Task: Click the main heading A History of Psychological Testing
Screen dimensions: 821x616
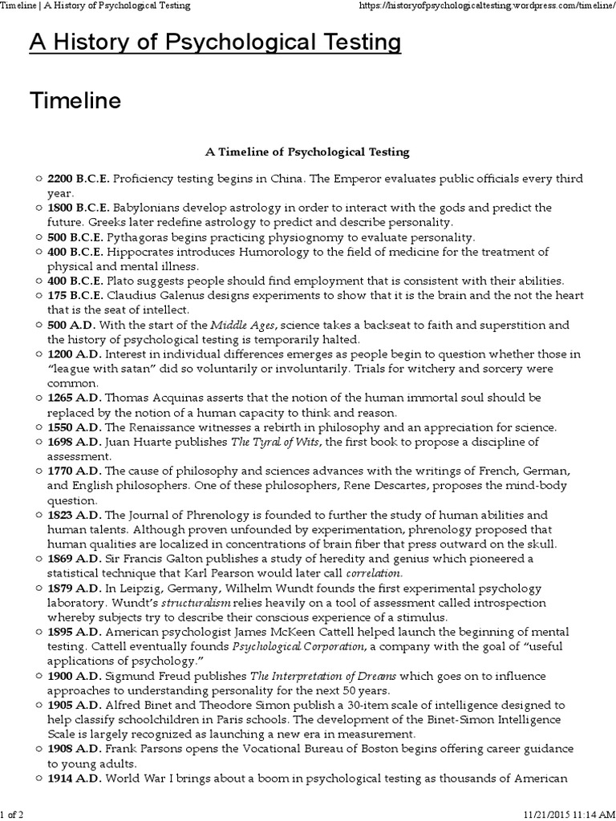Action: point(215,43)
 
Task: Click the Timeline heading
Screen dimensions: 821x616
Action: point(75,101)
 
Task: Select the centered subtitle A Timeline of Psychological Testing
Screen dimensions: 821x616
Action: point(308,151)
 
